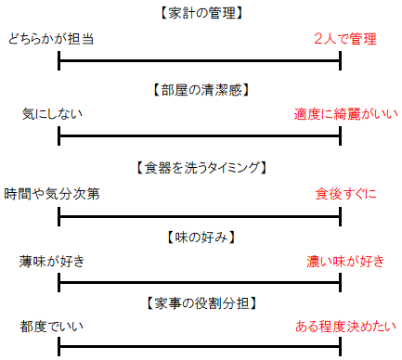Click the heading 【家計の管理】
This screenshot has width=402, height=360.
tap(201, 13)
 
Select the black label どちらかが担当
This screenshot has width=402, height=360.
tap(50, 39)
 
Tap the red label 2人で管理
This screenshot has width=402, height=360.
tap(344, 39)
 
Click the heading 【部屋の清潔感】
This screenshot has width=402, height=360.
tap(201, 90)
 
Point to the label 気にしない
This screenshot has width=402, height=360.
tap(52, 115)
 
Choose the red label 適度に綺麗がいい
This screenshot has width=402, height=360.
tap(344, 115)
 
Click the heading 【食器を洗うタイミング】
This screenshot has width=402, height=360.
tap(201, 168)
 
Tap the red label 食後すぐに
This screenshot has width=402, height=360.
tap(346, 194)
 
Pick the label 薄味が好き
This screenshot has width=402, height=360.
tap(52, 262)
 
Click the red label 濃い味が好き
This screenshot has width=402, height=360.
tap(345, 262)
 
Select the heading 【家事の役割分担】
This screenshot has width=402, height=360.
tap(201, 302)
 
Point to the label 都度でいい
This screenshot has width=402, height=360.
tap(52, 327)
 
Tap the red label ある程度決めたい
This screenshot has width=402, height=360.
tap(345, 327)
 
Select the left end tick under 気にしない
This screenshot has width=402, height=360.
tap(58, 137)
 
